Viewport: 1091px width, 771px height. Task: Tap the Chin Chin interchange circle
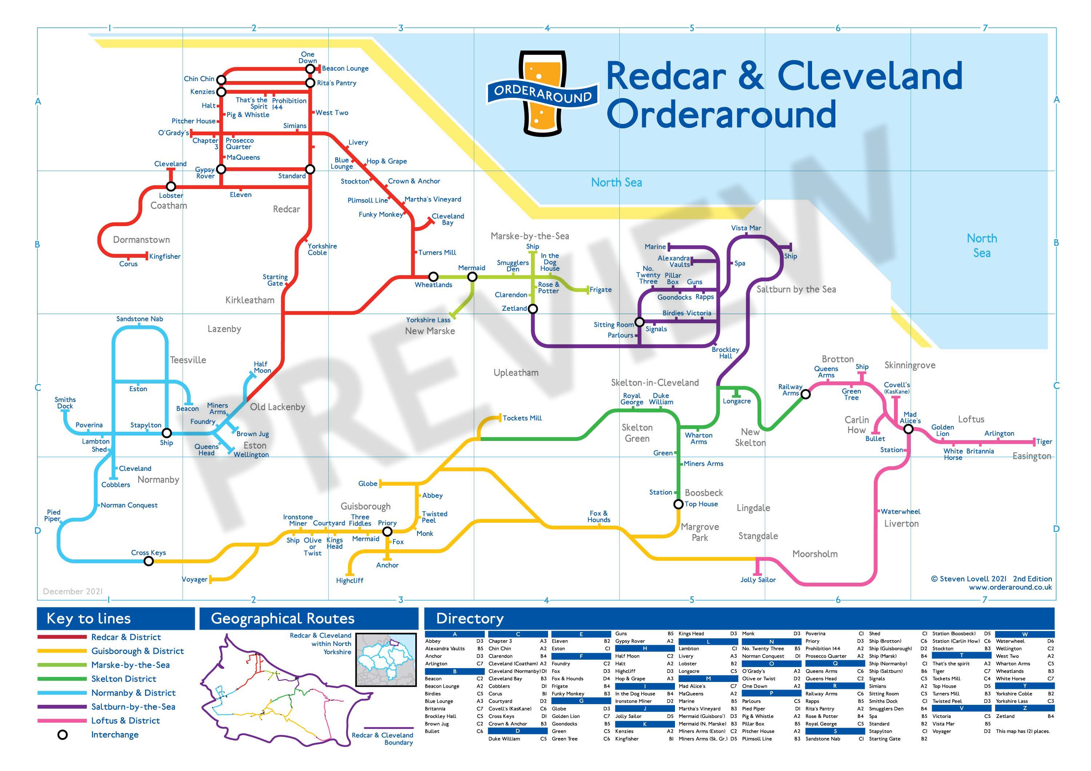(221, 79)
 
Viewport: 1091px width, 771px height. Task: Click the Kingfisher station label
(164, 257)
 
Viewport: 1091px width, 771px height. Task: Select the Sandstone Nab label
(139, 319)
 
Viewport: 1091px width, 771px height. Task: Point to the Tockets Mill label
(522, 418)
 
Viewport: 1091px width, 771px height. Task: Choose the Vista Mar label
(746, 228)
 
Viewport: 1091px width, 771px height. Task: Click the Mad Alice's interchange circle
(908, 429)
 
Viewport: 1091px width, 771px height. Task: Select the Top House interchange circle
(679, 504)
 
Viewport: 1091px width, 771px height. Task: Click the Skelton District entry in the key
(124, 679)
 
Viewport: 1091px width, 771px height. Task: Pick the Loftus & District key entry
(125, 720)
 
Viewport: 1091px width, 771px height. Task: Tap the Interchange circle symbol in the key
(62, 735)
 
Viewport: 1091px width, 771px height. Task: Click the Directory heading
(469, 619)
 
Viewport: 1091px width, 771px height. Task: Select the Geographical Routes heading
(282, 619)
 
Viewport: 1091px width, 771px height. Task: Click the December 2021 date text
(73, 591)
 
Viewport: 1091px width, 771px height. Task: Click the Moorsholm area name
(815, 554)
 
